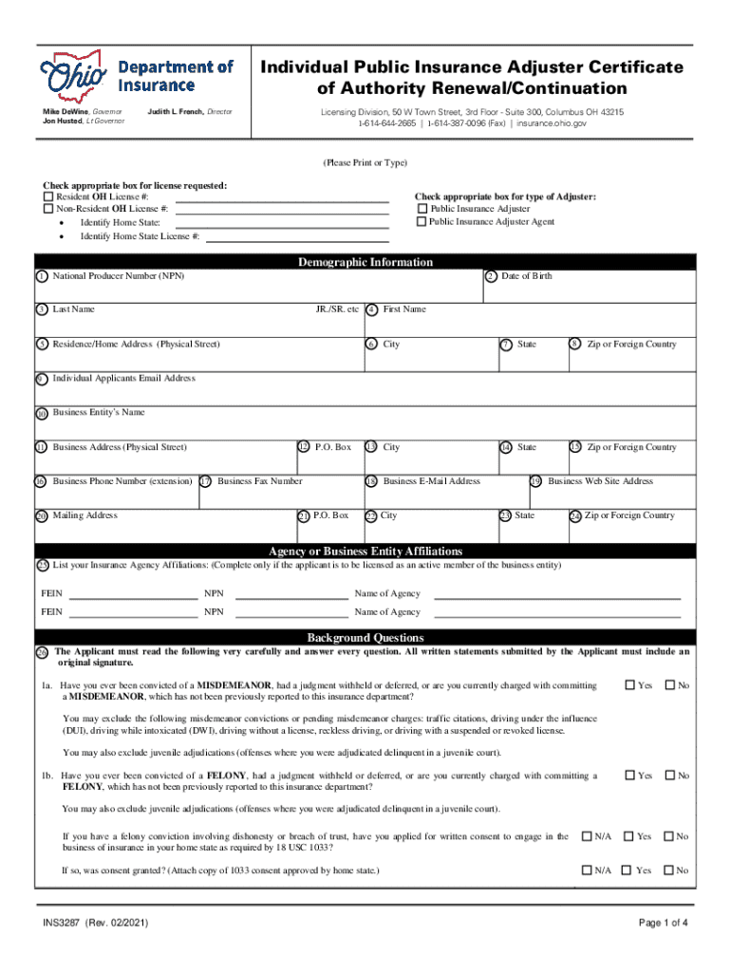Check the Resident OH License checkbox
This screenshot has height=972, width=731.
[x=48, y=196]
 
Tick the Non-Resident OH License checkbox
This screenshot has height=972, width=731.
[x=48, y=209]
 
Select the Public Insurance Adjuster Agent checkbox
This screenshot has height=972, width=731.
[x=422, y=222]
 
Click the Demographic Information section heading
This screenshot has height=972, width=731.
[x=365, y=262]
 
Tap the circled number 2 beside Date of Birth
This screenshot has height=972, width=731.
[x=490, y=276]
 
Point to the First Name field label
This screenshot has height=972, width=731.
[x=404, y=309]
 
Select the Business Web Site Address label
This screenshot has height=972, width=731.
[x=600, y=481]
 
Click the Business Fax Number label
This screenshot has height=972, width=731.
[x=259, y=481]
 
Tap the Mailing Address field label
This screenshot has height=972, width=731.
[x=84, y=515]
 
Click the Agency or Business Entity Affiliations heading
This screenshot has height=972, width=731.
[x=365, y=551]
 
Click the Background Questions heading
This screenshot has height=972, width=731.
[x=365, y=638]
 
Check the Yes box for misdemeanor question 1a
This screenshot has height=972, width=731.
[x=629, y=685]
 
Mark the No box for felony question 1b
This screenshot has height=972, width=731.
[x=669, y=776]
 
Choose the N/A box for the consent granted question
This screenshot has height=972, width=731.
[x=586, y=870]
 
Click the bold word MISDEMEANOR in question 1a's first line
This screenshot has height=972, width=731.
[x=236, y=685]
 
